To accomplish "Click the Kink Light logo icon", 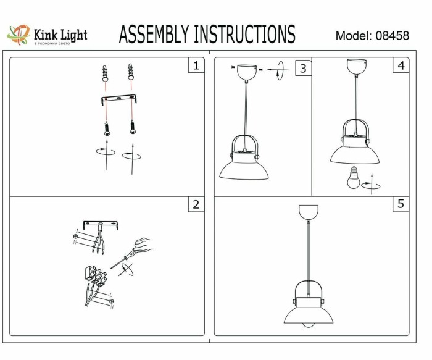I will pyautogui.click(x=18, y=35).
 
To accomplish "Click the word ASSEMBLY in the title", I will pyautogui.click(x=154, y=35).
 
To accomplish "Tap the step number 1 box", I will pyautogui.click(x=196, y=65).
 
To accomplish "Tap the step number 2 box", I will pyautogui.click(x=196, y=205).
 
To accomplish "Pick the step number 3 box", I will pyautogui.click(x=302, y=68).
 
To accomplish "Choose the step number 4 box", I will pyautogui.click(x=402, y=65).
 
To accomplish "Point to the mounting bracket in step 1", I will pyautogui.click(x=118, y=100).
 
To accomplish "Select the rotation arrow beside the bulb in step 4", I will pyautogui.click(x=371, y=183).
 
